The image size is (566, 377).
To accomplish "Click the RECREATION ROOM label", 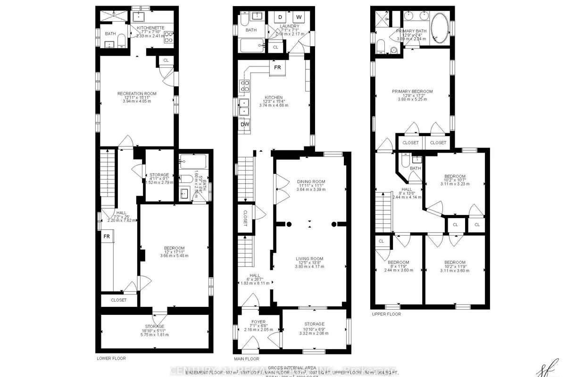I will [x=137, y=93].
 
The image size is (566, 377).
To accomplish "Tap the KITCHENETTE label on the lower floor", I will [x=151, y=28].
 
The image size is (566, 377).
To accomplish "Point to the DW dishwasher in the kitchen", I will [x=245, y=124].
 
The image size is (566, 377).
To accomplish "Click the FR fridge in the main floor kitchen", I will [x=278, y=67].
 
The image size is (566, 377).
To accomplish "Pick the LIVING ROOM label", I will [x=309, y=258].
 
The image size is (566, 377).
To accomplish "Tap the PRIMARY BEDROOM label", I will [x=412, y=91].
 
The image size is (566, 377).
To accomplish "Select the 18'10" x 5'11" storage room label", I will [x=155, y=327].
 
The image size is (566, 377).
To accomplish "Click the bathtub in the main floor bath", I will [x=253, y=46].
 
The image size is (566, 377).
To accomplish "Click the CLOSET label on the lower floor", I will [x=118, y=300].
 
